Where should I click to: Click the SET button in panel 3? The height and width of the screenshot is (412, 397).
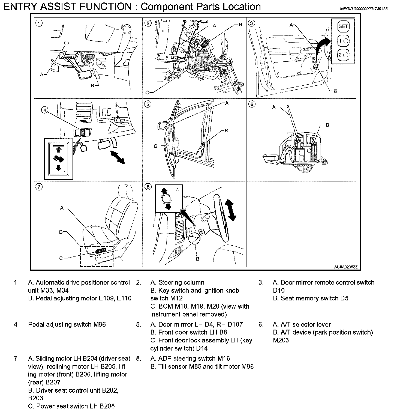click(343, 26)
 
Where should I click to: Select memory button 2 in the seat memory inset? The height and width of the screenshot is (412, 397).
click(343, 55)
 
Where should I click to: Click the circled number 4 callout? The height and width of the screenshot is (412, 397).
click(45, 110)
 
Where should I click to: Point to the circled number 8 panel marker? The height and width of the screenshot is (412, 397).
click(148, 187)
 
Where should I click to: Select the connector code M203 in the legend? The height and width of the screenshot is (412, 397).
click(281, 340)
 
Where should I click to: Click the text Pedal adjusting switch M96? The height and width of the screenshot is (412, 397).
click(67, 324)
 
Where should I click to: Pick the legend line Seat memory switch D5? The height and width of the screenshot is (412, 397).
click(311, 298)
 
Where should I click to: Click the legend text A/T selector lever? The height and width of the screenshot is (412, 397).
click(302, 324)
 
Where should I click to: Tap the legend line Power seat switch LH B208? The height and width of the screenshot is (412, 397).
click(71, 406)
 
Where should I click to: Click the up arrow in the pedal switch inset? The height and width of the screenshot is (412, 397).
click(58, 149)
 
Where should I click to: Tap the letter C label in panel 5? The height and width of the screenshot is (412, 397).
click(155, 146)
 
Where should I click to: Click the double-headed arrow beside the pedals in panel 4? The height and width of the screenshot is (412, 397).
click(118, 157)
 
